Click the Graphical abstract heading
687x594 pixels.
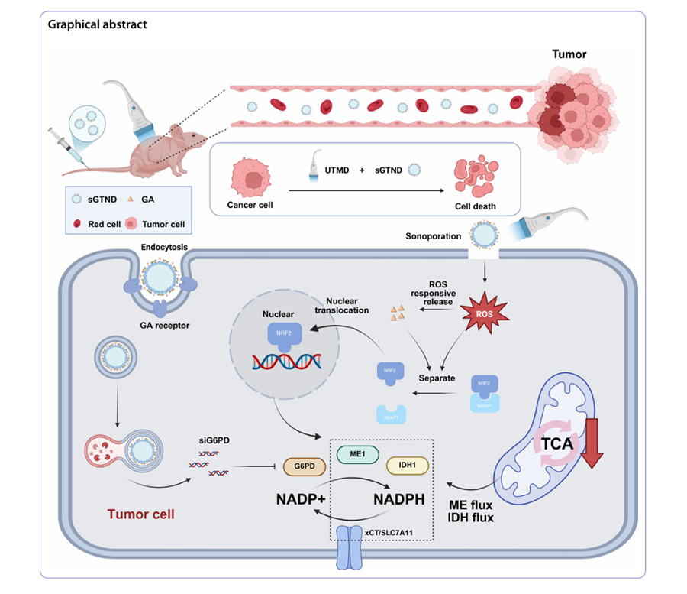(x=98, y=24)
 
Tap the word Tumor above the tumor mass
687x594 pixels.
(x=569, y=55)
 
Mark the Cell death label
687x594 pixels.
(x=475, y=206)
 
